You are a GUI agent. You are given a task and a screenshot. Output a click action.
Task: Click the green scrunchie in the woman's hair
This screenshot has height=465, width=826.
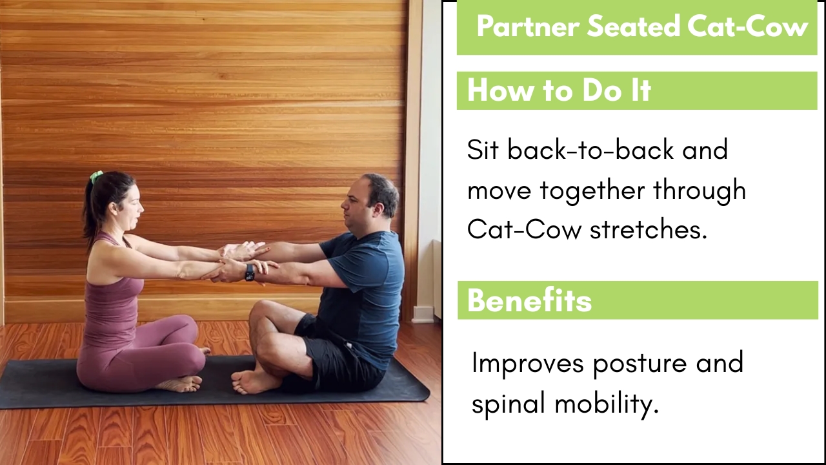(x=97, y=176)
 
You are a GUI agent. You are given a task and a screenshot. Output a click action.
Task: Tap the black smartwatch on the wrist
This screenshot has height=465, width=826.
(x=250, y=273)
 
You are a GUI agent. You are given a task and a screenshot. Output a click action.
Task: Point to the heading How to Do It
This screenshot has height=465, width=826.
(x=559, y=90)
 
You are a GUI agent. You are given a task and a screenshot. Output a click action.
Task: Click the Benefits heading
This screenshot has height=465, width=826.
(x=530, y=300)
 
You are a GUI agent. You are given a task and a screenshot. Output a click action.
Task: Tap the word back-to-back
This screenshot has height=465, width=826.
(x=590, y=150)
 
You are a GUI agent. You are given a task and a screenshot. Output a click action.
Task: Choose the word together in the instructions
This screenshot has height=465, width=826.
(x=592, y=191)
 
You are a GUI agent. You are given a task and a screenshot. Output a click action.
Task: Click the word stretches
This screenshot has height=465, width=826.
(x=649, y=229)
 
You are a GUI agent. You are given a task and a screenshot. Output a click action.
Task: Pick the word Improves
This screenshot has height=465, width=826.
(x=528, y=363)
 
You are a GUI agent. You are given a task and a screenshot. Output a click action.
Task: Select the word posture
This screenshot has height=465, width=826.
(x=640, y=364)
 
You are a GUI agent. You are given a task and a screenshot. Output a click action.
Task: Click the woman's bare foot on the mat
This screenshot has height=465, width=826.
(x=180, y=384)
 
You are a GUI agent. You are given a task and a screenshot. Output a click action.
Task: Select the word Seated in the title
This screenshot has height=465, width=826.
(x=633, y=26)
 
